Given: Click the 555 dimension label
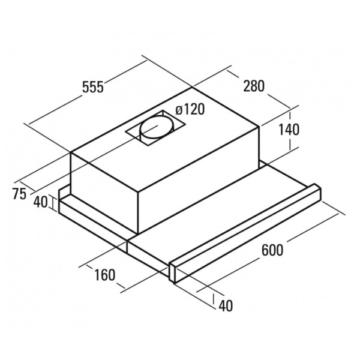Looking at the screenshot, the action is [93, 87].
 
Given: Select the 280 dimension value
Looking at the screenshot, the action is [254, 86].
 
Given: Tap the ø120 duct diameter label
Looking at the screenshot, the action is [190, 109].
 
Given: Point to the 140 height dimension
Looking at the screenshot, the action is [289, 130].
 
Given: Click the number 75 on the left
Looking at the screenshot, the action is [20, 194].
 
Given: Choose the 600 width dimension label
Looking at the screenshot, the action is [272, 250].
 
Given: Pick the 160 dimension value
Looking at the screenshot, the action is [104, 275].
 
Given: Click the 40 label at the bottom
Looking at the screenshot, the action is [226, 305].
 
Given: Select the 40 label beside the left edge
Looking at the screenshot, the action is [41, 202].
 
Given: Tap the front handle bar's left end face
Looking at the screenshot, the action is [172, 273].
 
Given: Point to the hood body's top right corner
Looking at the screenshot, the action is [259, 126].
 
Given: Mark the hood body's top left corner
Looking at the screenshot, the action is [70, 152].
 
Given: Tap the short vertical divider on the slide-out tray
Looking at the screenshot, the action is [127, 247].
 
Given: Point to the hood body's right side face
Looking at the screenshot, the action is [199, 179].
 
